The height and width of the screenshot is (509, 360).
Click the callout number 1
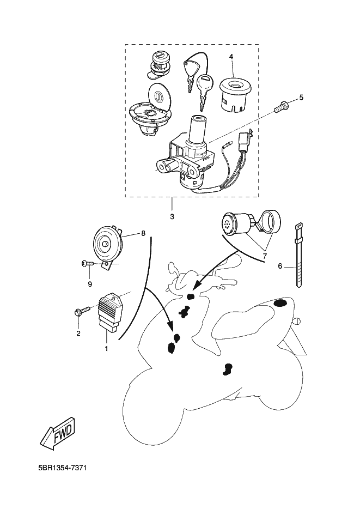pos(106,348)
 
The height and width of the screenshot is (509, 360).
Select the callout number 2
pos(78,334)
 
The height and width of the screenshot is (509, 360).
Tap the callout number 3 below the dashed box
pos(172,217)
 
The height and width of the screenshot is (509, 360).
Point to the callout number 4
pos(231,56)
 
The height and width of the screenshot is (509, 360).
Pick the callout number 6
pos(280,266)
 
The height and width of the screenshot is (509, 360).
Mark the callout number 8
pos(143,233)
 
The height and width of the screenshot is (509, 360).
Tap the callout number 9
pos(89,284)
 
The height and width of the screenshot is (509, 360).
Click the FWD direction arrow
pos(57,433)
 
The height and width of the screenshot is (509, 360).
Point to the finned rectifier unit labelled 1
pos(112,310)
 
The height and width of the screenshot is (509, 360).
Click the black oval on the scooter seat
pos(281,303)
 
